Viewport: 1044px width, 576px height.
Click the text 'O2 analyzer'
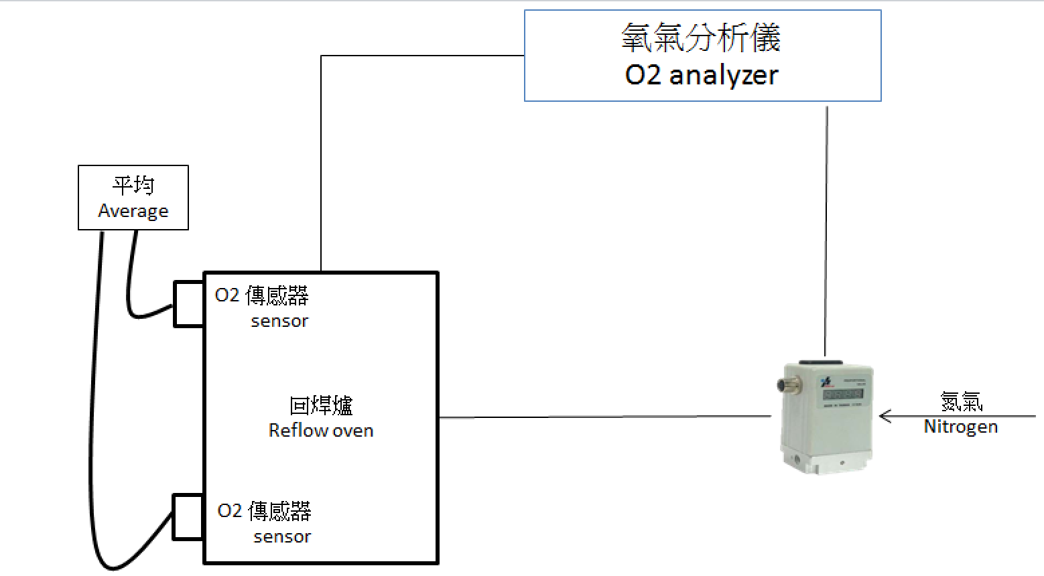point(702,75)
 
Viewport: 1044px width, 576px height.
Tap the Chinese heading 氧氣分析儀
point(701,38)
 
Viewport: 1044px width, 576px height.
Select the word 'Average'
point(133,211)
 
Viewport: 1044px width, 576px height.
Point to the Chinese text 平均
point(133,185)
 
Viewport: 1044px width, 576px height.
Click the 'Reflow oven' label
point(320,430)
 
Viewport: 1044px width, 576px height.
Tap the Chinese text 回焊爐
point(321,405)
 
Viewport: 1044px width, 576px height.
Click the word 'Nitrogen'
point(960,427)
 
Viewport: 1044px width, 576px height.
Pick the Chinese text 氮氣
point(961,401)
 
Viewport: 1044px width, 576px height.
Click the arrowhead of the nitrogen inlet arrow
point(885,417)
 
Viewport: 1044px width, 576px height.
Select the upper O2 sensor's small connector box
point(188,304)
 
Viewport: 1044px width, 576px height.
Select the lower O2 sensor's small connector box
point(188,517)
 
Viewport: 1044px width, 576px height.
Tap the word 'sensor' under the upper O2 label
point(279,321)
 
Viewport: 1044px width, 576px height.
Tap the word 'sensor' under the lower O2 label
point(282,536)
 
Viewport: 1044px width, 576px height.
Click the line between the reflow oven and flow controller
point(603,417)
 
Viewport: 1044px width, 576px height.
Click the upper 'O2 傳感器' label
point(261,295)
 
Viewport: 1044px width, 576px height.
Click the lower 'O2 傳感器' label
point(264,511)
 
